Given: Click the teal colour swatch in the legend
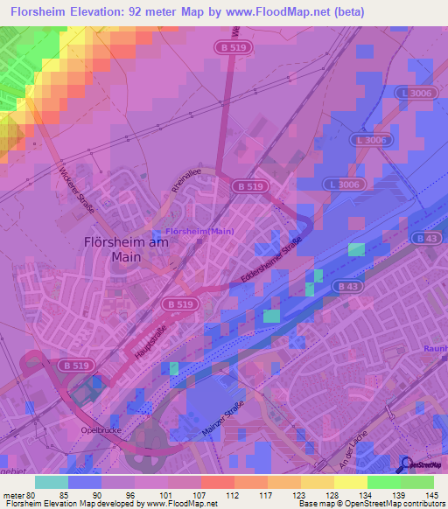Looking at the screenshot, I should (x=51, y=482).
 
